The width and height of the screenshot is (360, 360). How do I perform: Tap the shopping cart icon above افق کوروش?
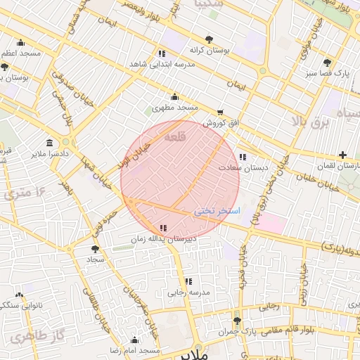(x=220, y=112)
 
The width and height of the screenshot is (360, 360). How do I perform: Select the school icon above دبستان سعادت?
(x=243, y=157)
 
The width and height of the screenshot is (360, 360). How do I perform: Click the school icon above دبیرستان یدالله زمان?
(x=164, y=228)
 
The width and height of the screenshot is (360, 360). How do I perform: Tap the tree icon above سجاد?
(x=95, y=249)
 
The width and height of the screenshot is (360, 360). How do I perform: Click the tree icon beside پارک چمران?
(x=237, y=320)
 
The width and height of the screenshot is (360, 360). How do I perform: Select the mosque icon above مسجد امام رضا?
(x=135, y=340)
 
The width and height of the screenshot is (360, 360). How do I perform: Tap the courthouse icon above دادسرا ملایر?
(x=49, y=142)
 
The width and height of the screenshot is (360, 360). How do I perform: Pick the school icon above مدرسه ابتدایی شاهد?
(x=162, y=53)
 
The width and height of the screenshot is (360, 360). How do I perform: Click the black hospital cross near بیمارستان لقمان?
(x=342, y=155)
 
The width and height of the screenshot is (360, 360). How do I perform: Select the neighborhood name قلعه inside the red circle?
(x=173, y=139)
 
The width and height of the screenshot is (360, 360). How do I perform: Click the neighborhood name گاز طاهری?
(x=31, y=335)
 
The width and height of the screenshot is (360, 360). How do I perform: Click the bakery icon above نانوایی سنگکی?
(x=19, y=295)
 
